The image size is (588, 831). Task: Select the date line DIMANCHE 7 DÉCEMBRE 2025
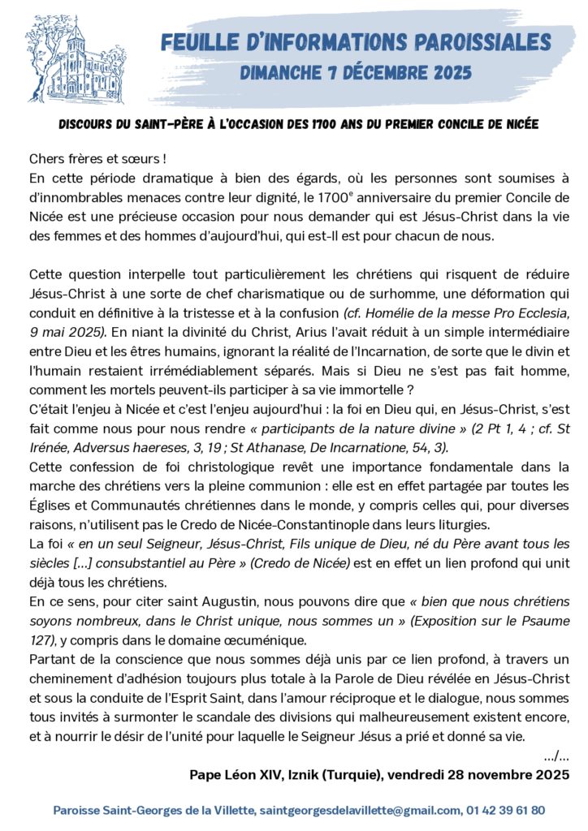click(356, 73)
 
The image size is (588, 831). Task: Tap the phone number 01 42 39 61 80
click(505, 810)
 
